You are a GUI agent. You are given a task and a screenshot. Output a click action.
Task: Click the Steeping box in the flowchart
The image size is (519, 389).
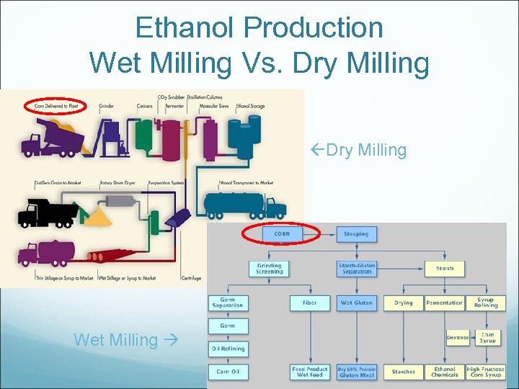pos(355,233)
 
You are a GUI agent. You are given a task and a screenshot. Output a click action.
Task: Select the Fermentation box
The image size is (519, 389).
pos(444,303)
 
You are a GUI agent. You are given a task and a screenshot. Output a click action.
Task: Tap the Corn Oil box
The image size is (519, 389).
pos(228,372)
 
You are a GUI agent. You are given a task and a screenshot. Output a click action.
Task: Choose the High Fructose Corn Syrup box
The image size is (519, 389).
pos(484,372)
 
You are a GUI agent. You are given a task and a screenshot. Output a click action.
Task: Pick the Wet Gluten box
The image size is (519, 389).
pos(356,303)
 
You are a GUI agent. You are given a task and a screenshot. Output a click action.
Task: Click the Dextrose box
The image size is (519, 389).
pos(457,337)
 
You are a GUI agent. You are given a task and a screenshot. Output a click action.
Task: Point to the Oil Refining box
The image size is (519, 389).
pos(228,349)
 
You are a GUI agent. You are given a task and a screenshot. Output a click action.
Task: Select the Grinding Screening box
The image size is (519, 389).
pos(270,268)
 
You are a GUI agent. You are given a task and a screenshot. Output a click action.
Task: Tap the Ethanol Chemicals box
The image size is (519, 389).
pos(444,372)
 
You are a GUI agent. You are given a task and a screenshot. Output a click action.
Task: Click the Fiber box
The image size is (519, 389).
pos(309,303)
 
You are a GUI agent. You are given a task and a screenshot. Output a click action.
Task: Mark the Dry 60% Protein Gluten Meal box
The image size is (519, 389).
pos(356,372)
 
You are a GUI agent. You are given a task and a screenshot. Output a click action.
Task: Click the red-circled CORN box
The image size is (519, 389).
pos(282,233)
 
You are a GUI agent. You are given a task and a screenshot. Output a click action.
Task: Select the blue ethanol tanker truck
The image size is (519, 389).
pos(245,203)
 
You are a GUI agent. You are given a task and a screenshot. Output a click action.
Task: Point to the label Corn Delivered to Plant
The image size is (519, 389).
pos(56,107)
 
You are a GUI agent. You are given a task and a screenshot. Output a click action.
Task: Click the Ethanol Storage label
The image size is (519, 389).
pos(249,107)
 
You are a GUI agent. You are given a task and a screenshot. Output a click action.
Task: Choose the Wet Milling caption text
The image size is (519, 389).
pos(115,339)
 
